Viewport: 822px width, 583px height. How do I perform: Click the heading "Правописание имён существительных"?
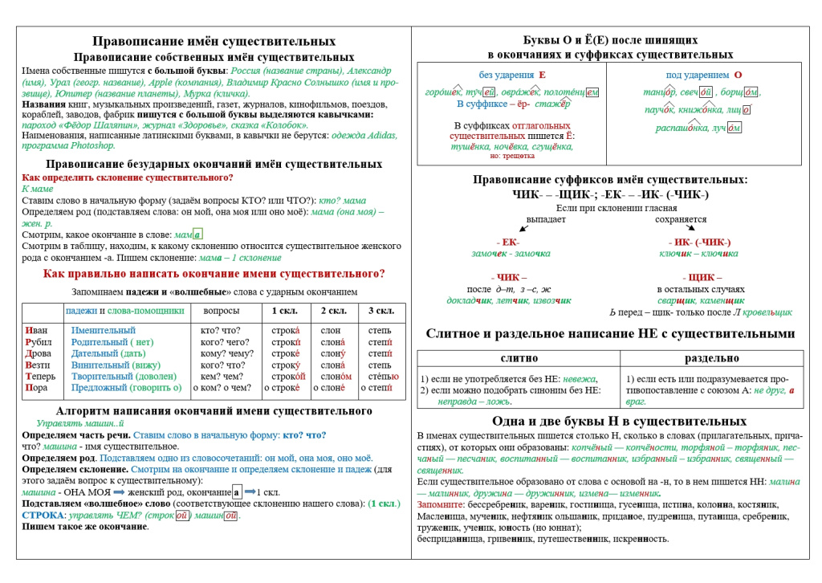[x=214, y=41]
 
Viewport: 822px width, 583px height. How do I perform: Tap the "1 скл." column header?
[x=286, y=311]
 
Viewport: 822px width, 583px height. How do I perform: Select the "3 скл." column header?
[x=380, y=311]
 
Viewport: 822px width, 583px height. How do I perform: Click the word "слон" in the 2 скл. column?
[x=330, y=331]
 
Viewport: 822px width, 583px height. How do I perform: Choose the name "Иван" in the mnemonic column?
[x=38, y=331]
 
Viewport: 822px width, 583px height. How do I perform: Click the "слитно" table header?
[x=519, y=358]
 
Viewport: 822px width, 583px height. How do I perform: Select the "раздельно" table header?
[x=711, y=358]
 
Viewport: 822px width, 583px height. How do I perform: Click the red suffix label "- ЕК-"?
[x=508, y=242]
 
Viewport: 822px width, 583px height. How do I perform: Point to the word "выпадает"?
[x=547, y=219]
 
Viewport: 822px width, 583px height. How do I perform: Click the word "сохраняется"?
[x=681, y=219]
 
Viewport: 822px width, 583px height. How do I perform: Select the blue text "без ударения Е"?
[x=512, y=75]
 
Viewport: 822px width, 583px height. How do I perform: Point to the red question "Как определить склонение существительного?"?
[x=128, y=177]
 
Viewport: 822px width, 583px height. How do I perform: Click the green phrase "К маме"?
[x=38, y=189]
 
